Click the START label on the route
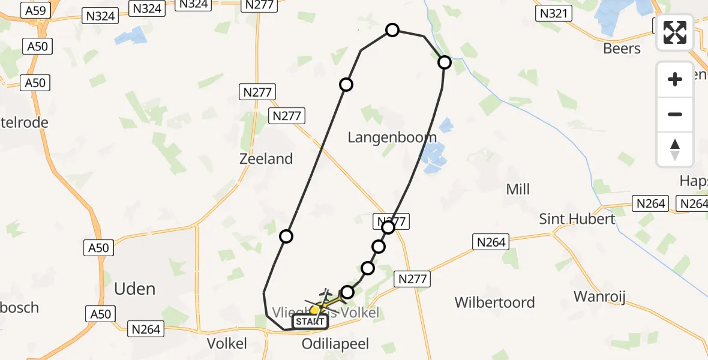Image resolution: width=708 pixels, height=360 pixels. tap(310, 322)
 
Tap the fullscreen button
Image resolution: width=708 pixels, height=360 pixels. tap(675, 32)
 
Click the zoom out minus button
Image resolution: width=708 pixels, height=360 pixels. tap(675, 114)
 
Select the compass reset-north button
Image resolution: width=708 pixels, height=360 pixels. tap(675, 149)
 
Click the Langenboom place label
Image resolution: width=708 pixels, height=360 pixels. tap(392, 137)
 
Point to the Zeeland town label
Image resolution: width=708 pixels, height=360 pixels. tap(266, 159)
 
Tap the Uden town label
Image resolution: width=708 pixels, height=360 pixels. tap(135, 289)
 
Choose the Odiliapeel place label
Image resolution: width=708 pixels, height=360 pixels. tap(335, 344)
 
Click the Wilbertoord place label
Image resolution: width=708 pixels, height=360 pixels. tap(494, 302)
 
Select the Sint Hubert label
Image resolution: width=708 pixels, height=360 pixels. tap(577, 218)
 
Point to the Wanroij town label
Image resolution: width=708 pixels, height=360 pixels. tap(604, 296)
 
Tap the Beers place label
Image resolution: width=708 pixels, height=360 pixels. tap(622, 49)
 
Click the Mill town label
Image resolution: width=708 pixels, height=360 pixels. tap(518, 190)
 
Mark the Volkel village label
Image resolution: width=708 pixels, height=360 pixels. tap(227, 344)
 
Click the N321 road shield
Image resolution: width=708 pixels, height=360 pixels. tap(554, 13)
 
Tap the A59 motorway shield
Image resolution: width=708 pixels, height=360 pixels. tap(35, 10)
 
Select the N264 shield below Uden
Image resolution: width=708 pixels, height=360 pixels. tap(146, 329)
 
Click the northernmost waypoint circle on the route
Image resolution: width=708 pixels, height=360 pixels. tap(392, 30)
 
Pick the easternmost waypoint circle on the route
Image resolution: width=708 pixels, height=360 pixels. tap(445, 62)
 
